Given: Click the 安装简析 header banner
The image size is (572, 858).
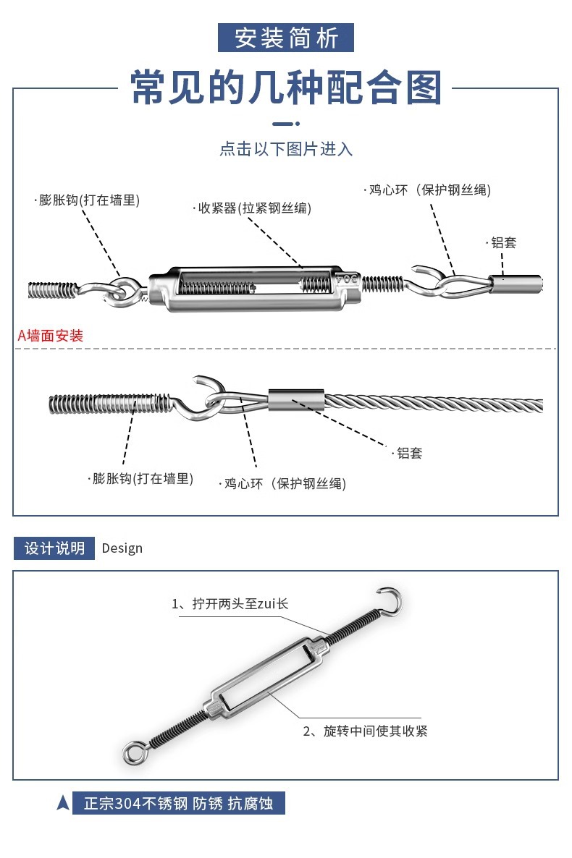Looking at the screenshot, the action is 286,38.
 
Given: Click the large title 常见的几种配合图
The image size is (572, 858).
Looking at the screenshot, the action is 286,88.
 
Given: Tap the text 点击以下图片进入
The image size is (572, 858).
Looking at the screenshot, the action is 286,149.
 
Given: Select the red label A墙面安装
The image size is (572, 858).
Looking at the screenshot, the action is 51,336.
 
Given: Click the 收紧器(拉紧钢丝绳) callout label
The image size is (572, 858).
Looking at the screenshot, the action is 254,208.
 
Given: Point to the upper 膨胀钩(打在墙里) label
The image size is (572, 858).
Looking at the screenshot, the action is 88,200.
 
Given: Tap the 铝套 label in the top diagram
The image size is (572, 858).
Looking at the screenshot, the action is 503,243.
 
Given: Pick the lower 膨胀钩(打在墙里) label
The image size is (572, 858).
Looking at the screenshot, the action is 142,478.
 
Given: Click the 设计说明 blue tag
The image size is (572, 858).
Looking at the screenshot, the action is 54,548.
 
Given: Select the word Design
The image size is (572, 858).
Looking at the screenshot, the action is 122,548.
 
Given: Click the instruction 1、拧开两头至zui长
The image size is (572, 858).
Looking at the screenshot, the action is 230,603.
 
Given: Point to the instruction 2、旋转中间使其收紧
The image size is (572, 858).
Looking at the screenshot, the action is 365,731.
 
